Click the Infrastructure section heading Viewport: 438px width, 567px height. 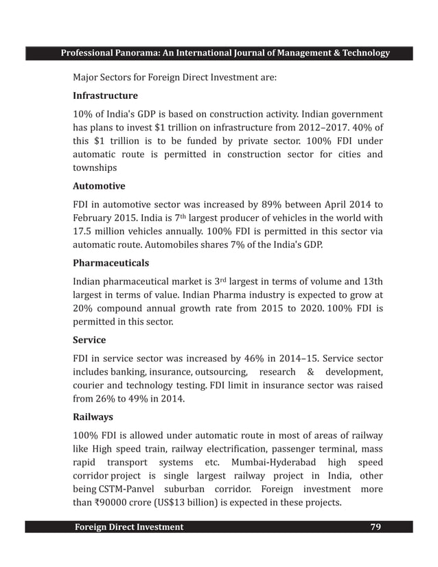tap(105, 95)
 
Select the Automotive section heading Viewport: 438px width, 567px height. tap(99, 186)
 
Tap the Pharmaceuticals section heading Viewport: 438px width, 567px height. tap(111, 263)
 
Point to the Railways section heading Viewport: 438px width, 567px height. tap(93, 416)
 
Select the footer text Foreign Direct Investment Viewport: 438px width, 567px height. tap(128, 526)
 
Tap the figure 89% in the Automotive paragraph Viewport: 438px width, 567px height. tap(289, 204)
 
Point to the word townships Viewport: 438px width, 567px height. tap(95, 167)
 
